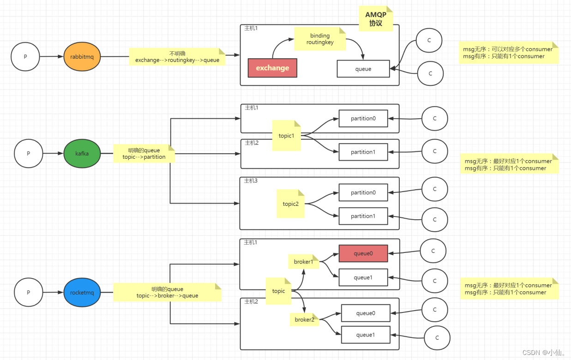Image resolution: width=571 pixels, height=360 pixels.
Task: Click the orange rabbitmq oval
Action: coord(82,57)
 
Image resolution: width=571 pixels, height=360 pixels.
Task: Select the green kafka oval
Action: coord(82,153)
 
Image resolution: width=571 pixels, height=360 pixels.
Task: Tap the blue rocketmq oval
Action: coord(82,292)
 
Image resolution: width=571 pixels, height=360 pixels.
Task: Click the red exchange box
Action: coord(272,68)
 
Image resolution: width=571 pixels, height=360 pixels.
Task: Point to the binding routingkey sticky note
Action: coord(320,39)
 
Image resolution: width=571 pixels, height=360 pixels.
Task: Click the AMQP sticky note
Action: coord(376,19)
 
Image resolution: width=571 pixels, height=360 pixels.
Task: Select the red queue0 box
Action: coord(363,253)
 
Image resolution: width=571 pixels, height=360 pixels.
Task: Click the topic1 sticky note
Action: coord(286,136)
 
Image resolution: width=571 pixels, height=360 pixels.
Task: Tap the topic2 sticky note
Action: coord(290,204)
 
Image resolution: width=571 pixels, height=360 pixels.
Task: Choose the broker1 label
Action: coord(303,262)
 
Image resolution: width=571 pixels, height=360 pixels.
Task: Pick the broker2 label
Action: coord(304,319)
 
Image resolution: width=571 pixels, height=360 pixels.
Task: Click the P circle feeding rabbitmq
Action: coord(25,57)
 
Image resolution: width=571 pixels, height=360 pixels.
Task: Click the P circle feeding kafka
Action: coord(28,153)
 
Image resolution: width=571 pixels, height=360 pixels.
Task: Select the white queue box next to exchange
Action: coord(363,69)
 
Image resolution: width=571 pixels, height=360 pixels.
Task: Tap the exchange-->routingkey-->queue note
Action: coord(177,57)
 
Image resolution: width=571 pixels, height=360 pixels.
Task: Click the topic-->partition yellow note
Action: coord(144,153)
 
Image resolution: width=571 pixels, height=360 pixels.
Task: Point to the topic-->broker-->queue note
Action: coord(167,292)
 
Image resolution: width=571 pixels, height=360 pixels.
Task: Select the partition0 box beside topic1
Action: coord(363,119)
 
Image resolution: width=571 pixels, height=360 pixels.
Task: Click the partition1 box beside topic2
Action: coord(363,216)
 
